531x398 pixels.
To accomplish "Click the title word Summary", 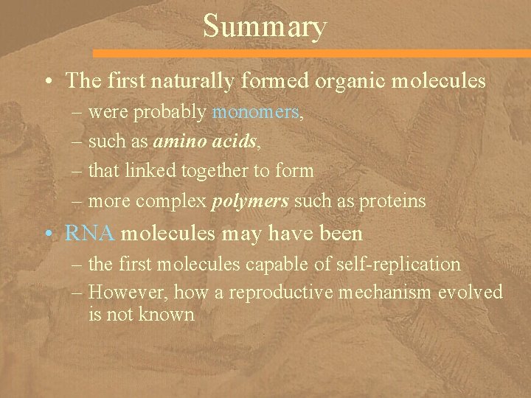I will pos(264,27).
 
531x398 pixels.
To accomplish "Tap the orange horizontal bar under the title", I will pos(310,54).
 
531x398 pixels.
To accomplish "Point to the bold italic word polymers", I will pos(243,201).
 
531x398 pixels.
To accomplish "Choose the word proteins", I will pos(394,201).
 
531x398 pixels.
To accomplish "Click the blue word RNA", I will pos(89,234).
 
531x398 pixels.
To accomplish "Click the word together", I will pos(226,171).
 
